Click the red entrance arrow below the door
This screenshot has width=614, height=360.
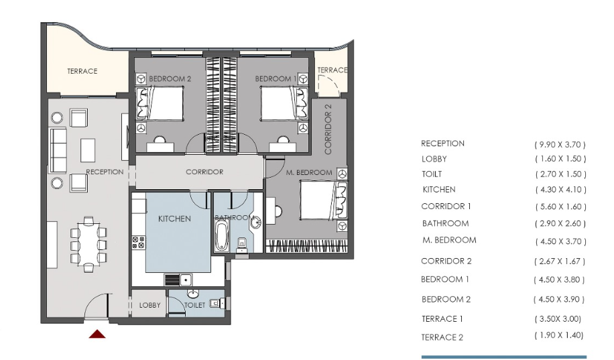pos(97,334)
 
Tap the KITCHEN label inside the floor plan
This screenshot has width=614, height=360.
pos(174,219)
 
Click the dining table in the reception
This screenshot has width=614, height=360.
pos(88,245)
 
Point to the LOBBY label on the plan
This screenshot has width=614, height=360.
pos(149,305)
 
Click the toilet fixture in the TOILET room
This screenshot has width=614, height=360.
pos(217,303)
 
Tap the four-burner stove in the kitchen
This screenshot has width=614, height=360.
pos(138,242)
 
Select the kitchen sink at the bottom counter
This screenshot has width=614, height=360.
pos(185,280)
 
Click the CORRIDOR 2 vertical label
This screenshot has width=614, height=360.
pos(328,129)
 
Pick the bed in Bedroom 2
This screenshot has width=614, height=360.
pos(160,103)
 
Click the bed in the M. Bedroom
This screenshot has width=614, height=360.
pos(324,200)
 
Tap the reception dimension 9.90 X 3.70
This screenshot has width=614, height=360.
pos(560,145)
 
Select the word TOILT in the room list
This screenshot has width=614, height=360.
pos(432,174)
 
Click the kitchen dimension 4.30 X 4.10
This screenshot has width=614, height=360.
pos(561,190)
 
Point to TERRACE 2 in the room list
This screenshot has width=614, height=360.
pos(442,337)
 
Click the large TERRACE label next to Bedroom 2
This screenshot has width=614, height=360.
pos(82,71)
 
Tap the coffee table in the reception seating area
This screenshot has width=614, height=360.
pos(88,150)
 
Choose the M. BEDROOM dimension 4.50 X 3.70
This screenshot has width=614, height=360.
pos(561,242)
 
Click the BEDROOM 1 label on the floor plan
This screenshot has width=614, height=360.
pos(275,78)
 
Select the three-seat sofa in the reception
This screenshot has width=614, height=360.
pos(58,150)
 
